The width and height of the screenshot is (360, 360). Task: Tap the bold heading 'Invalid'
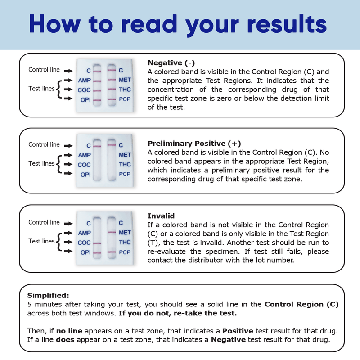pos(161,216)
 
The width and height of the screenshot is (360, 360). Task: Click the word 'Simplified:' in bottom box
pos(48,296)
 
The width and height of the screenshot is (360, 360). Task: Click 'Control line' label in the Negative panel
pos(44,70)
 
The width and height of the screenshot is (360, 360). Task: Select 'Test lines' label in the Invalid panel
pos(41,241)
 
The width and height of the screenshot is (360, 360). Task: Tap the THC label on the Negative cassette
pos(125,90)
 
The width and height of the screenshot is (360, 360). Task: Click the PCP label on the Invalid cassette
pos(125,252)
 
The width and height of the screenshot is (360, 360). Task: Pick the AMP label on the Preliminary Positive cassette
pos(84,155)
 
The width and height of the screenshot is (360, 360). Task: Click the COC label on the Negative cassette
pos(84,90)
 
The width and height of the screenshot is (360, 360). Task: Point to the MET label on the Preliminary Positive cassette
pos(125,155)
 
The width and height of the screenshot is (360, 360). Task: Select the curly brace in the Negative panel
pos(58,89)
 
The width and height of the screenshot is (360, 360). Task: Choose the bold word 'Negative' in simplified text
pos(228,339)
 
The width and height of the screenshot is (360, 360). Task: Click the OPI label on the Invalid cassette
pos(85,252)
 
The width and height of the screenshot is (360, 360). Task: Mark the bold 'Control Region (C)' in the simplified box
pos(301,305)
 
